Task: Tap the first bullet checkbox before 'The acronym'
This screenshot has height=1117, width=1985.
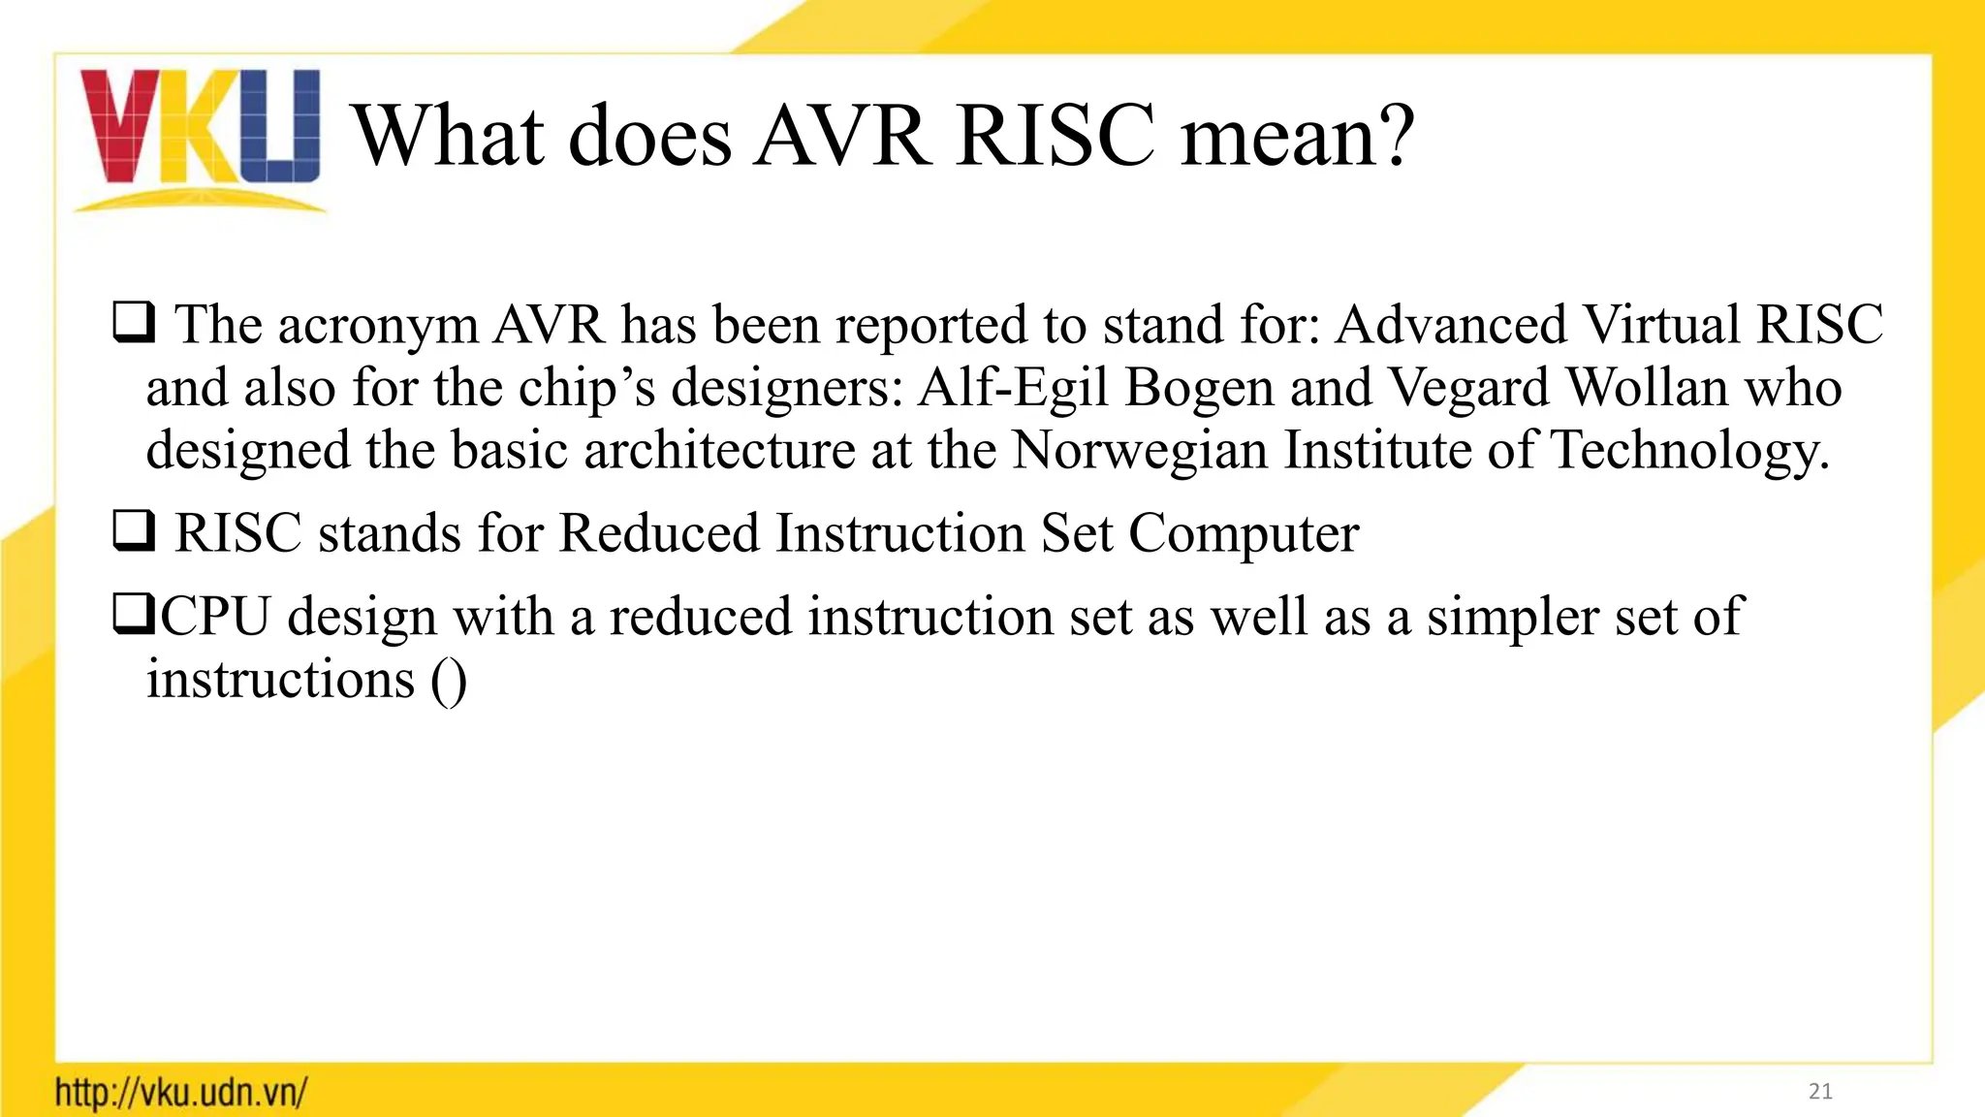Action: [x=133, y=323]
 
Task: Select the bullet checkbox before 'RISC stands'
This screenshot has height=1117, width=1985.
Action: [x=133, y=531]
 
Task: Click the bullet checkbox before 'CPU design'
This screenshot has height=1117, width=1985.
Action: [x=133, y=615]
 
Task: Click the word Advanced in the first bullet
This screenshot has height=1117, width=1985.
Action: [x=1450, y=324]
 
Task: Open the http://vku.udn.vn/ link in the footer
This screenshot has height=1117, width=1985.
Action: [x=181, y=1093]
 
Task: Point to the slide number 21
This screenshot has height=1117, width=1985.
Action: [x=1820, y=1092]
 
